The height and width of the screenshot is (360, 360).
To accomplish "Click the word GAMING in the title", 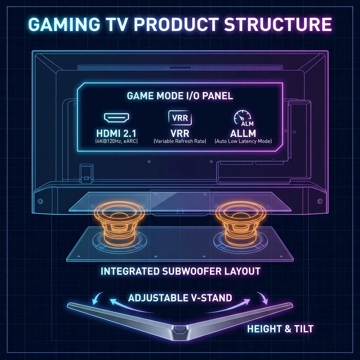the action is point(64,24).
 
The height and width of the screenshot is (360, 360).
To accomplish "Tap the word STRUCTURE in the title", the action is point(278,24).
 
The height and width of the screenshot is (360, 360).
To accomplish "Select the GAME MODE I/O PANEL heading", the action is point(180,96).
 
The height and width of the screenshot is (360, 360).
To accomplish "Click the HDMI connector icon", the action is point(117,117).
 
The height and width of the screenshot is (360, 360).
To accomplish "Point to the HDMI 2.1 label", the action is point(116,133).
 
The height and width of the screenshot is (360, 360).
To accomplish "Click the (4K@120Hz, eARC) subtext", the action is point(116,141).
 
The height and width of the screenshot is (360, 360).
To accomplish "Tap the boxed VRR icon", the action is point(180,118).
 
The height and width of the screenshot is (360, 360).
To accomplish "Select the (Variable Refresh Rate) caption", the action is point(180,141).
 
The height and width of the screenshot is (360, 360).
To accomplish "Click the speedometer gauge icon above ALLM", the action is point(243,118).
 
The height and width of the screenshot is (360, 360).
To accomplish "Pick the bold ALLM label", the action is point(243,133).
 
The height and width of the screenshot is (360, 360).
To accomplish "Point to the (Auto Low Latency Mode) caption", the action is point(243,141).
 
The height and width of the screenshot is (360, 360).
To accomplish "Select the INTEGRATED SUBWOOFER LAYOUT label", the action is point(180,271).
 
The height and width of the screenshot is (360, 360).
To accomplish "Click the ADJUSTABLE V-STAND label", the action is point(180,298).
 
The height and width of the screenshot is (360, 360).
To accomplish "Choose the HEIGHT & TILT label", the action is point(280,329).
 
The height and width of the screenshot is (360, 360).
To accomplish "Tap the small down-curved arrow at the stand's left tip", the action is point(97,298).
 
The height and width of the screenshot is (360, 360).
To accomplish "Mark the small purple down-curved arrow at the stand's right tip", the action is point(263,298).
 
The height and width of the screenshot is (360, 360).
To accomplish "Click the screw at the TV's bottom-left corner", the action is point(40,201).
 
